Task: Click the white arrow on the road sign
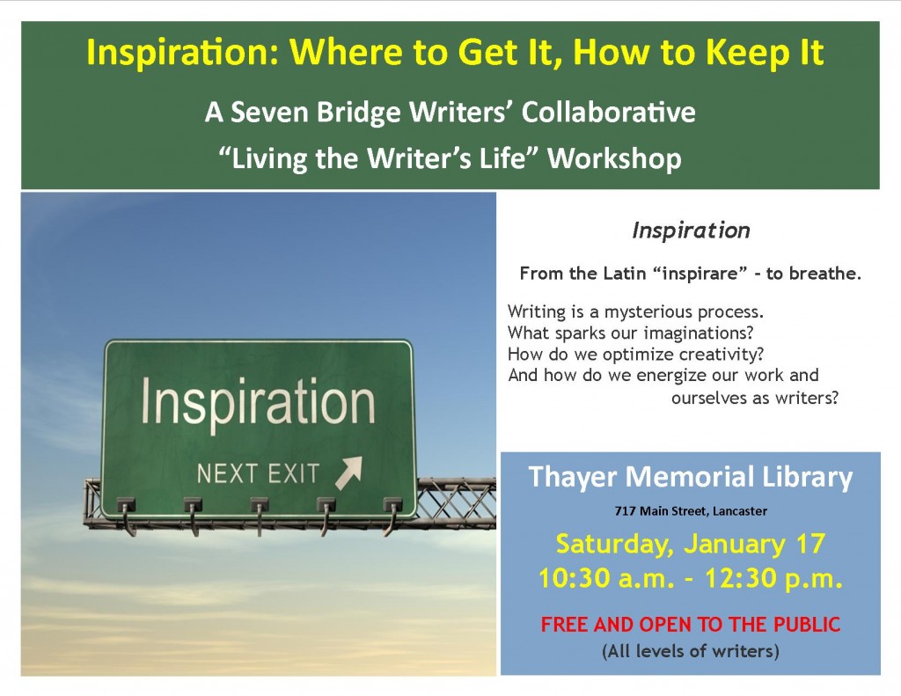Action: point(348,473)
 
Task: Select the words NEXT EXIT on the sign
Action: point(258,474)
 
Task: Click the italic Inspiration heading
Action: point(691,231)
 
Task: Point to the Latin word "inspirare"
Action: point(700,274)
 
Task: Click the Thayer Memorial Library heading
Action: point(690,478)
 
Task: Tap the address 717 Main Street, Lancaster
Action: point(691,511)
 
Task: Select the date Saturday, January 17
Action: point(691,544)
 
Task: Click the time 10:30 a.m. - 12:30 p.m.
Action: point(691,578)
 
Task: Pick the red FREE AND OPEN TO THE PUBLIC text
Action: point(691,624)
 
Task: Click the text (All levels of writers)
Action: point(691,651)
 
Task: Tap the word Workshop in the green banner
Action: point(614,158)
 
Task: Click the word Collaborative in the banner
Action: point(609,112)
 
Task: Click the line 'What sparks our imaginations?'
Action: point(630,333)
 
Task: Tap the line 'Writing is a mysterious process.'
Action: point(635,312)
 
